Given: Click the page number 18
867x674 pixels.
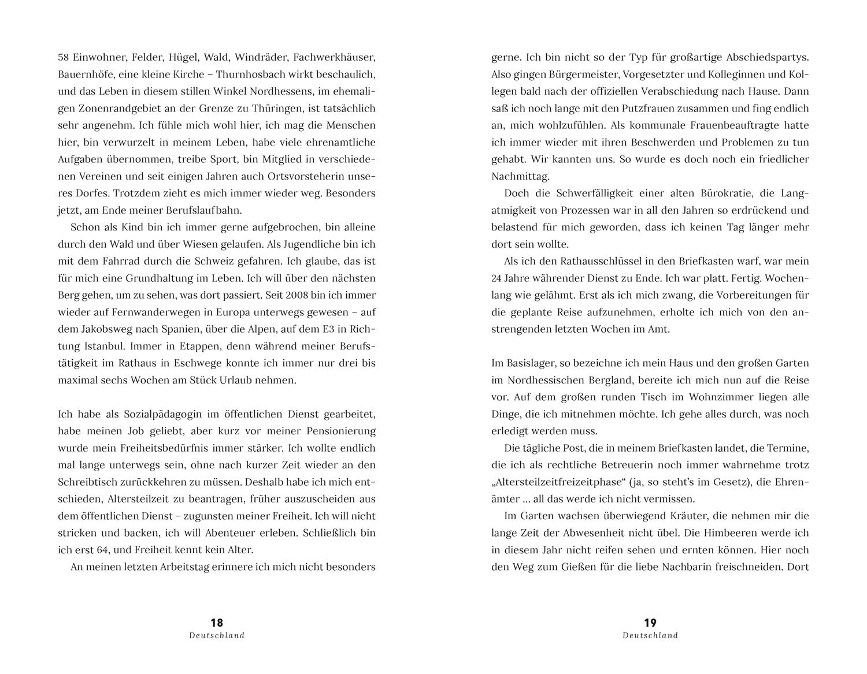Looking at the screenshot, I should tap(217, 623).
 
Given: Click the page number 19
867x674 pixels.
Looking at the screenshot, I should tap(650, 623).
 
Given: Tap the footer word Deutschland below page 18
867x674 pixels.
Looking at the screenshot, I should tap(217, 635).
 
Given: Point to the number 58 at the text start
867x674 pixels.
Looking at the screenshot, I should tap(64, 58).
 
